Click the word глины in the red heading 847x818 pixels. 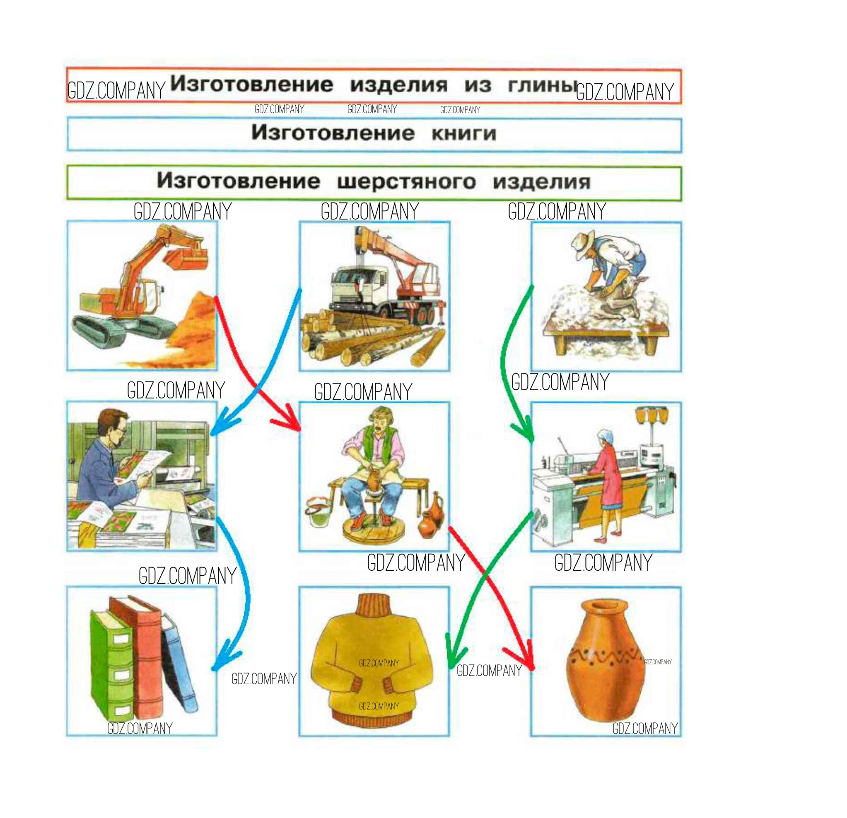(542, 85)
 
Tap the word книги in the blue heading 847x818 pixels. (464, 134)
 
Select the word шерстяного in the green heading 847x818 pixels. (406, 181)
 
